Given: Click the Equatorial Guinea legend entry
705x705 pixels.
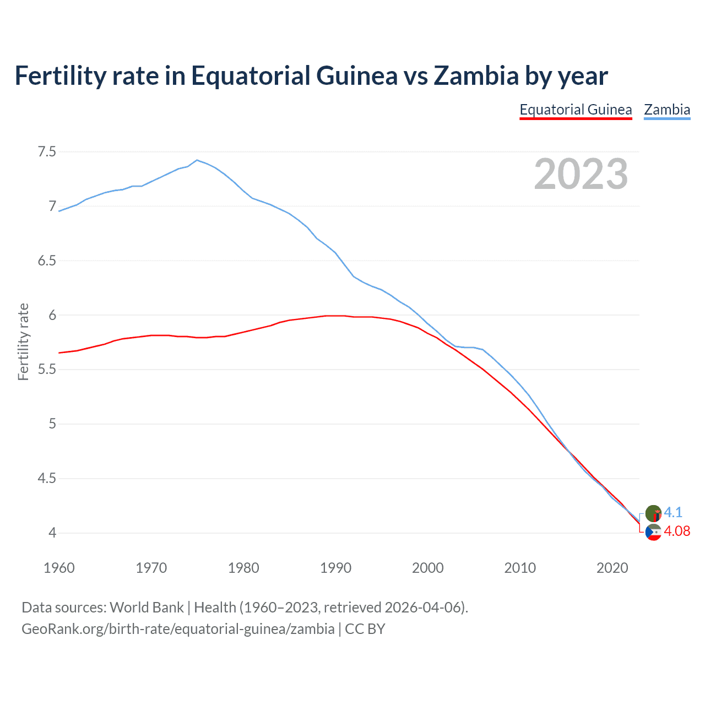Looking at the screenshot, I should tap(576, 110).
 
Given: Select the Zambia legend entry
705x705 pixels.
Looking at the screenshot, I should tap(667, 110).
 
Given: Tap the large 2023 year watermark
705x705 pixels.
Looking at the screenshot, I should tap(581, 174).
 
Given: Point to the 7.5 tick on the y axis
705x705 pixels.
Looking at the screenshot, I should tap(47, 151).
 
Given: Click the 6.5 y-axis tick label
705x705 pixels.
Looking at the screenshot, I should tap(47, 261).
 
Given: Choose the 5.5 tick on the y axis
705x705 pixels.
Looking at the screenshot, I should tap(47, 369).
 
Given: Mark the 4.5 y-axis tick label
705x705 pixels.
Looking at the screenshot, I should tap(47, 478).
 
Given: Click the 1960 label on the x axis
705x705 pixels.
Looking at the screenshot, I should tap(59, 568).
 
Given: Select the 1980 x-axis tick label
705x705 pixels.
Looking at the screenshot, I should tap(243, 568).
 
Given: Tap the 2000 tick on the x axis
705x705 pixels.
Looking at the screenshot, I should tap(428, 568).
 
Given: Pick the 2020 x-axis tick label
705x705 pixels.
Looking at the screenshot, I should tap(612, 568).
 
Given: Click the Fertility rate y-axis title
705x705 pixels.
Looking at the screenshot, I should tap(23, 341).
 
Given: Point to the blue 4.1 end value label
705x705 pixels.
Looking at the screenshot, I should tap(673, 512).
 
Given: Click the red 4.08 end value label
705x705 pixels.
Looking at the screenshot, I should tap(677, 531).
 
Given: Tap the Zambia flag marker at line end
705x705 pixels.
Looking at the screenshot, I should tap(653, 513).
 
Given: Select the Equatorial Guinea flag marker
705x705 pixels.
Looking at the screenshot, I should tap(653, 533).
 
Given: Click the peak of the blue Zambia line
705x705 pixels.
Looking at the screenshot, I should tap(197, 160).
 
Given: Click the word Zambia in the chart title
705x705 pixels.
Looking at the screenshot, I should tap(476, 75).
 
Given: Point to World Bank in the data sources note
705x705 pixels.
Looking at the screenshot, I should tap(147, 607).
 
